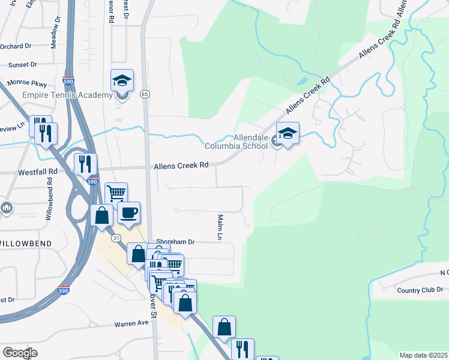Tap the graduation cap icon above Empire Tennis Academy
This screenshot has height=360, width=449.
(x=122, y=80)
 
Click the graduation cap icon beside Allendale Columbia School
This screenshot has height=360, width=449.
(x=288, y=133)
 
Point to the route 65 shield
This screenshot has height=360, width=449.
(x=145, y=94)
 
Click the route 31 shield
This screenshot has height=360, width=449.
(x=116, y=238)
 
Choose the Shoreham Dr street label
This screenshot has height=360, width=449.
(x=175, y=242)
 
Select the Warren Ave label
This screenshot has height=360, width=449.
(x=131, y=323)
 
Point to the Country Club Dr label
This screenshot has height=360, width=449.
(x=420, y=290)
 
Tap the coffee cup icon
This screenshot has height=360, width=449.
(x=128, y=212)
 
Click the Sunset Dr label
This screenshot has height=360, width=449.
(x=22, y=64)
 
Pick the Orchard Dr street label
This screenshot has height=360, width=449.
(x=16, y=46)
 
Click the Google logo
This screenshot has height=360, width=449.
(x=20, y=353)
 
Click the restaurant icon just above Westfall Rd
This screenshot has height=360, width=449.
(x=85, y=164)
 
